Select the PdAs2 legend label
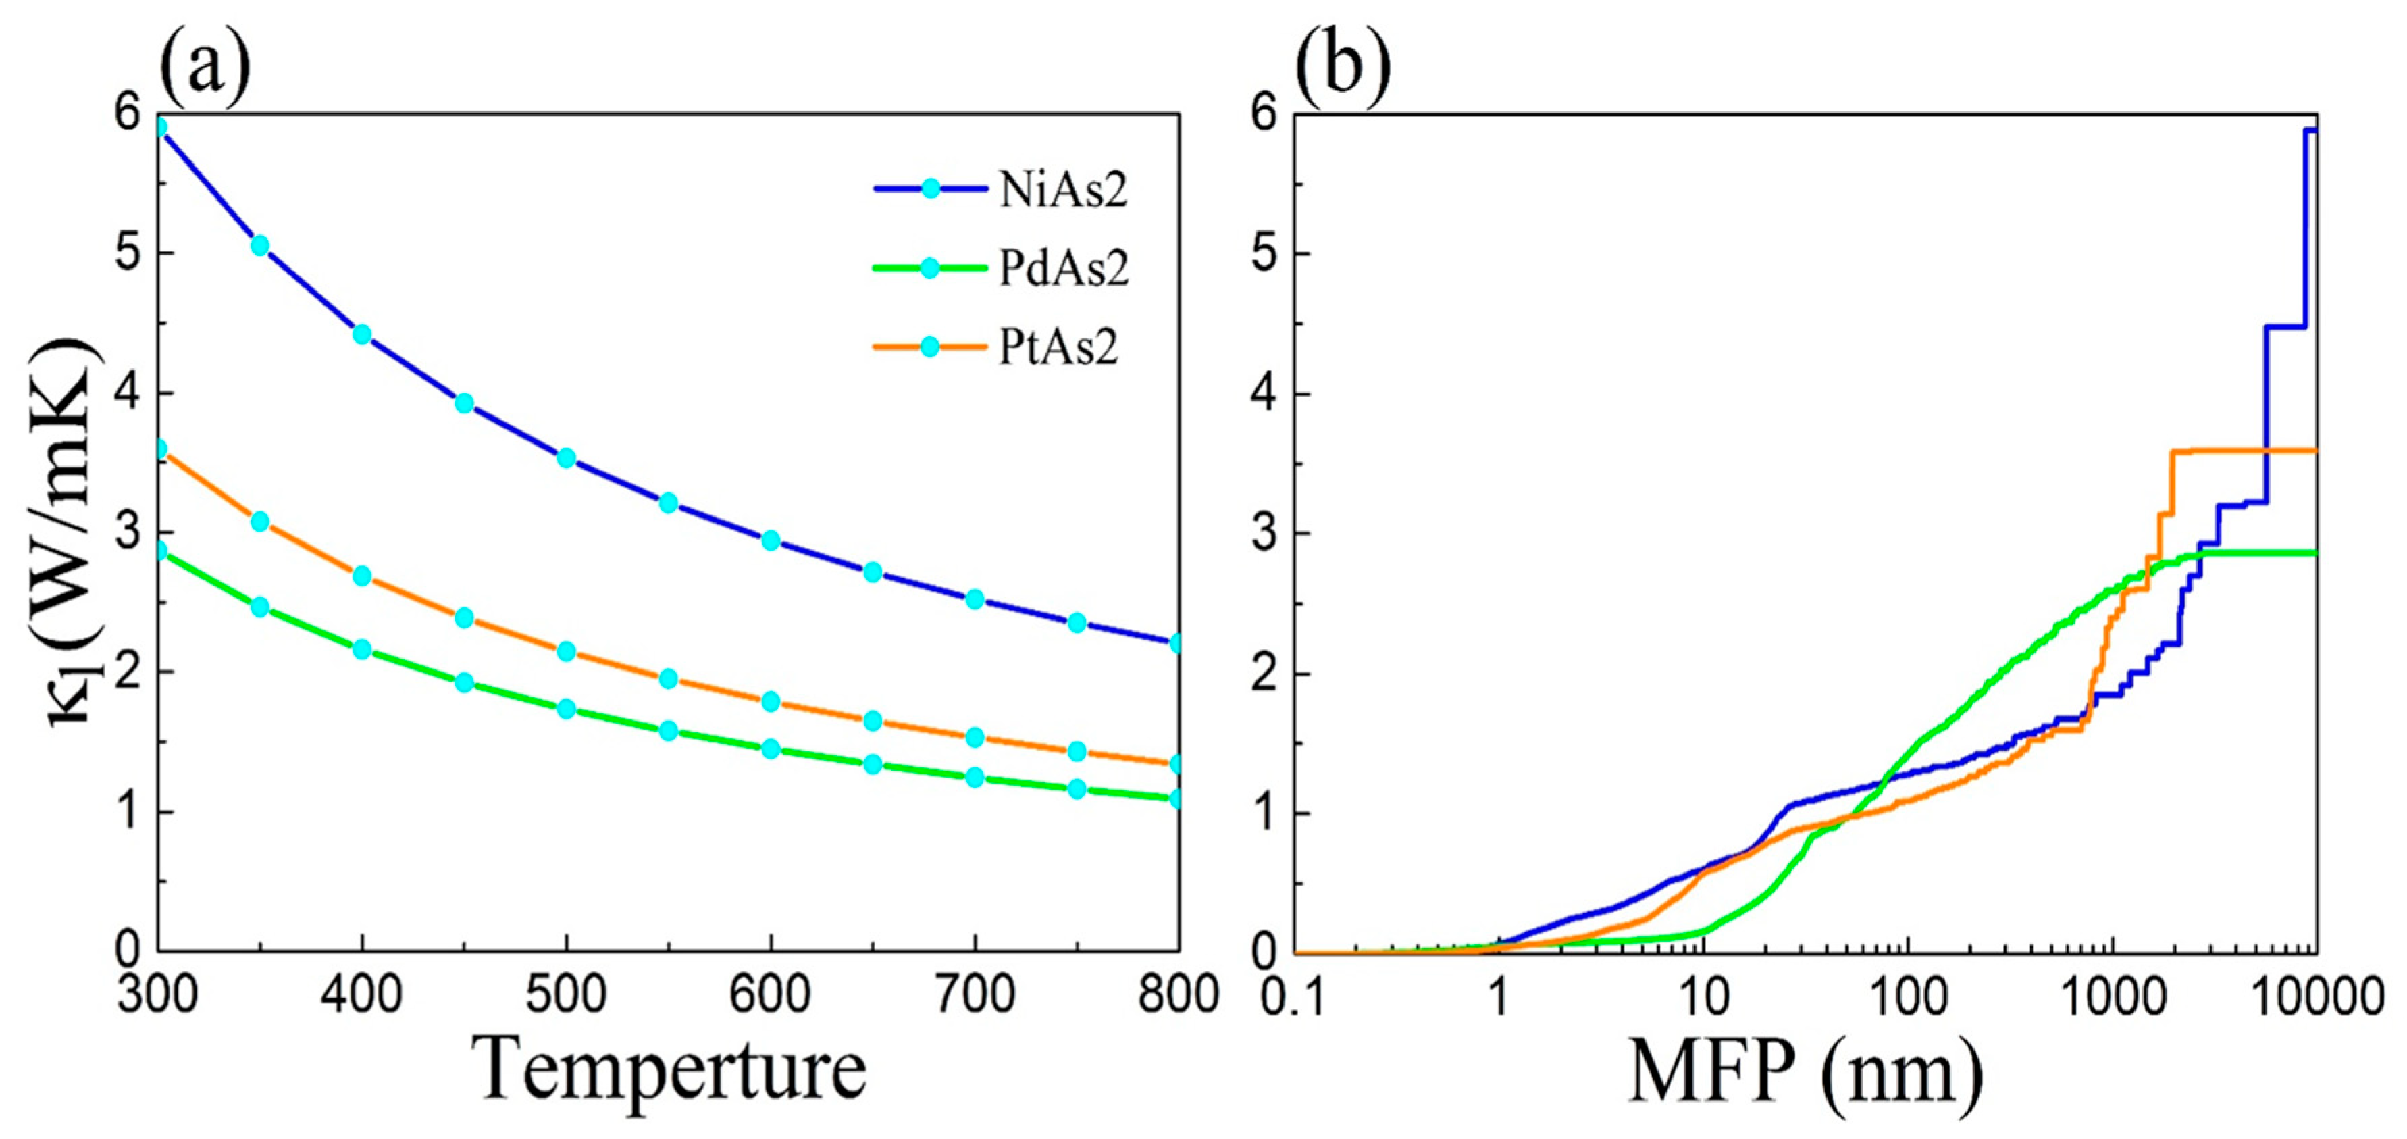pos(1063,269)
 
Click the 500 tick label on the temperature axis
pos(566,996)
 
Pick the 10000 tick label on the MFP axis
pos(2315,996)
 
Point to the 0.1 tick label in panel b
pos(1294,996)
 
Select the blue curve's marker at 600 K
pos(771,540)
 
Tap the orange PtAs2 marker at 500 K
pos(566,651)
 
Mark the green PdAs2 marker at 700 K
pos(975,778)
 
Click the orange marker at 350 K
pos(261,522)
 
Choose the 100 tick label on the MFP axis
pos(1907,996)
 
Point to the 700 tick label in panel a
pos(975,996)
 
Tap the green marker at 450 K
pos(465,682)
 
